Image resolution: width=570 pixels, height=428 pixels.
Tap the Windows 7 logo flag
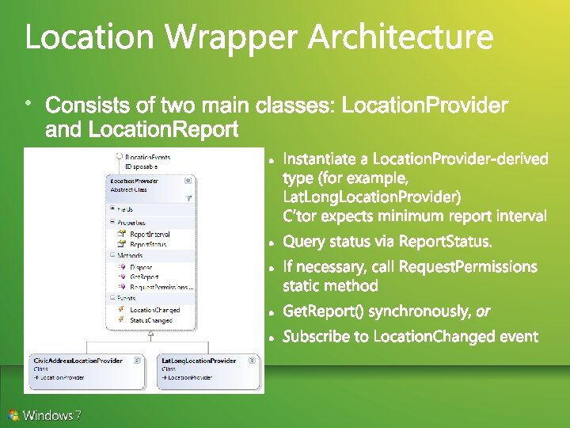click(13, 414)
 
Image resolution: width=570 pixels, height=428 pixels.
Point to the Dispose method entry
click(141, 268)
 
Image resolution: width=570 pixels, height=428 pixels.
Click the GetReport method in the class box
click(143, 277)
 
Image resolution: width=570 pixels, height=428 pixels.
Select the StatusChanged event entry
click(151, 319)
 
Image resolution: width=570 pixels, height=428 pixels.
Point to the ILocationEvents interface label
click(148, 158)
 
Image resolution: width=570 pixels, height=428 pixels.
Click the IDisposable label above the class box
click(142, 167)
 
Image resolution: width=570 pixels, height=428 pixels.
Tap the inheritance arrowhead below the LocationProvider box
click(150, 334)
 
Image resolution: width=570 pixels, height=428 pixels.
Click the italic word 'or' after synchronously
click(483, 311)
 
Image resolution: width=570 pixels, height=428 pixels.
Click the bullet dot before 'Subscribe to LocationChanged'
click(271, 338)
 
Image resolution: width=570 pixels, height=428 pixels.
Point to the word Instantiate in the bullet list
click(325, 160)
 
